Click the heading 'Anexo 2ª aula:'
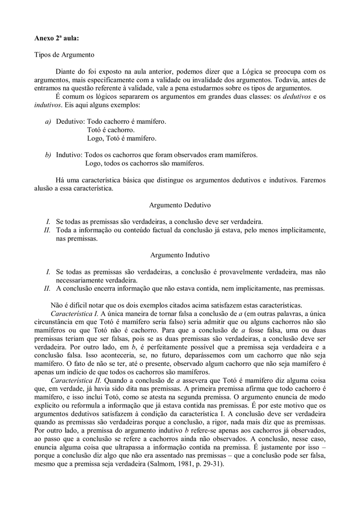[x=56, y=38]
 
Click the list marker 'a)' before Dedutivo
[x=48, y=121]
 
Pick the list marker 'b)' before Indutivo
[x=48, y=155]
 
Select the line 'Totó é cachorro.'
[x=111, y=130]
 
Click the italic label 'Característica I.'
[x=75, y=313]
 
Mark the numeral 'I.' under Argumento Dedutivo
[x=48, y=222]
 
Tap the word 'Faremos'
[x=313, y=180]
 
